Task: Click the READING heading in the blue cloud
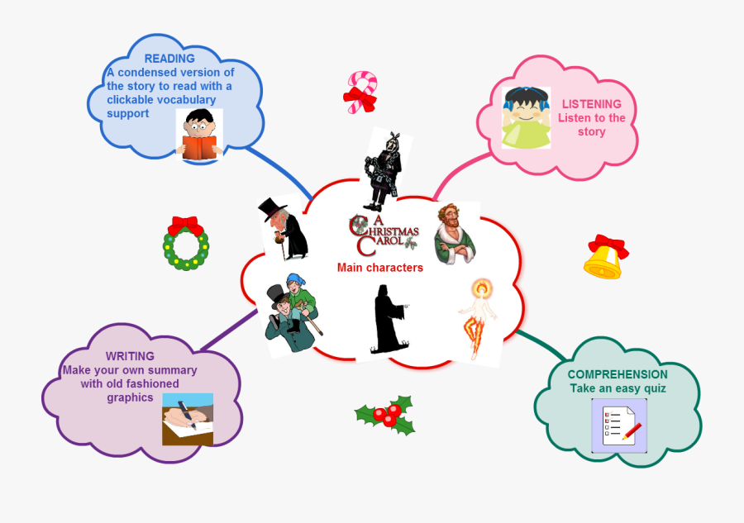169,59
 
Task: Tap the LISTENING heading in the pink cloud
592,104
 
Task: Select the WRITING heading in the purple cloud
130,356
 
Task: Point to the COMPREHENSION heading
618,374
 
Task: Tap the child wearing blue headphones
526,117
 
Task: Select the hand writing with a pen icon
188,419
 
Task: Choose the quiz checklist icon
619,426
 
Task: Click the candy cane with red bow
361,92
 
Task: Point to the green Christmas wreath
185,244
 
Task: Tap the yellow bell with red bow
605,257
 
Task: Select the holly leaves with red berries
386,414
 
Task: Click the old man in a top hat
284,229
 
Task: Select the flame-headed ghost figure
479,319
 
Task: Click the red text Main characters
380,268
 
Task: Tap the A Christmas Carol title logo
384,234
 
